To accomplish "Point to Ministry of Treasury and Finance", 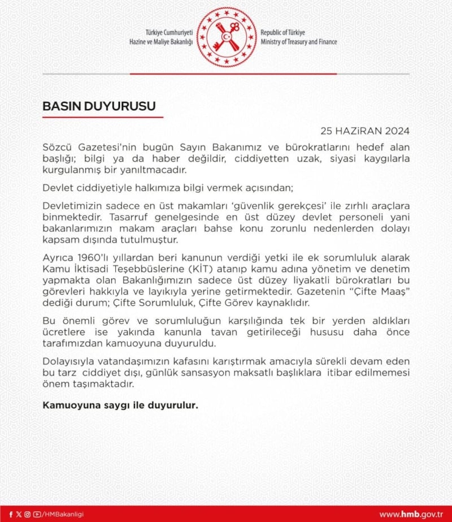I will tap(299, 42).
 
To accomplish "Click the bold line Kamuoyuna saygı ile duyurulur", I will tap(121, 405).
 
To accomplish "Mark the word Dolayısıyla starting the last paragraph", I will tap(69, 361).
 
